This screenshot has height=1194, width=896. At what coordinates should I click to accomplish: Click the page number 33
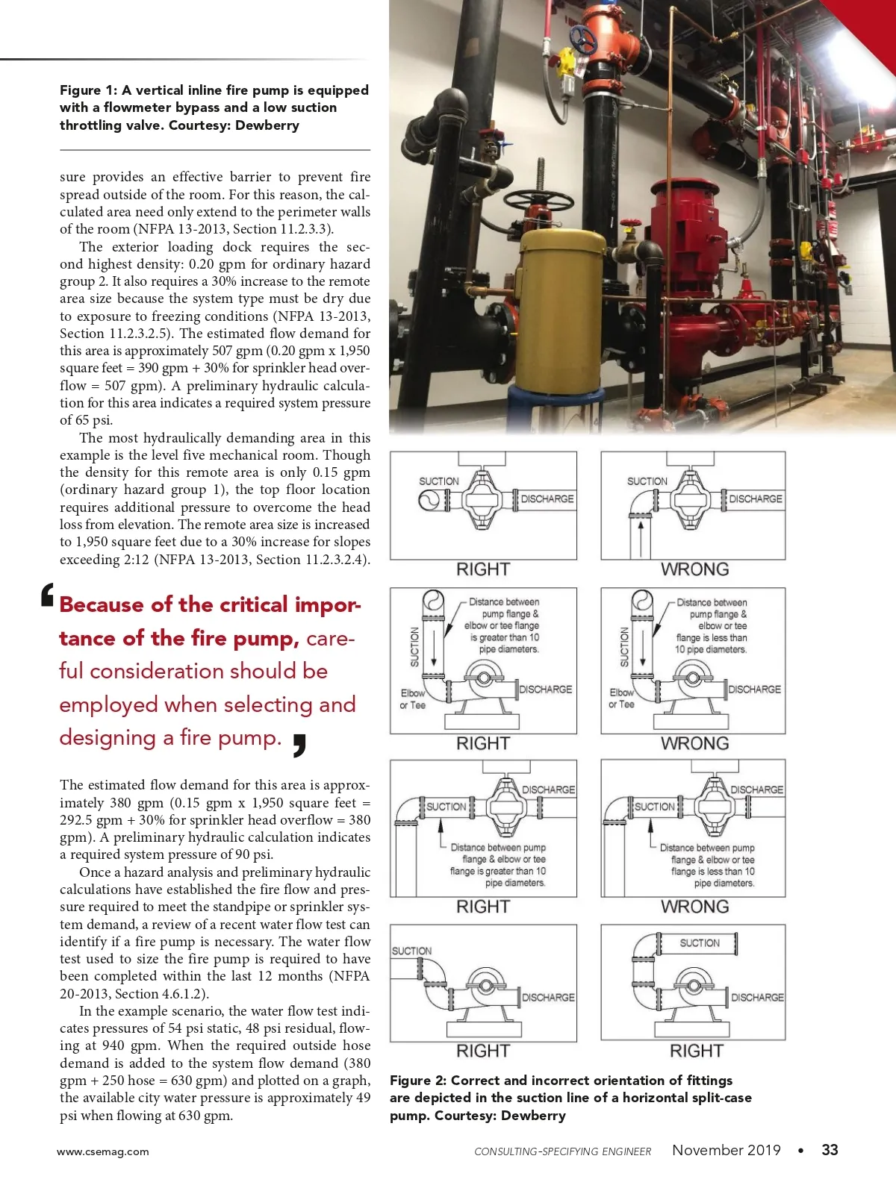click(x=830, y=1150)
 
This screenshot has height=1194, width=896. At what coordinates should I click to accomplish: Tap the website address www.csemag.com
click(x=102, y=1151)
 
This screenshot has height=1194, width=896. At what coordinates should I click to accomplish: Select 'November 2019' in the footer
click(x=726, y=1150)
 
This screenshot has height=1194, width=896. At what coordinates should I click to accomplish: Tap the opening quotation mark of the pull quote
click(x=48, y=594)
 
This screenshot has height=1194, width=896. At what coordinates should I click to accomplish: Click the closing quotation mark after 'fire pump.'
click(x=299, y=744)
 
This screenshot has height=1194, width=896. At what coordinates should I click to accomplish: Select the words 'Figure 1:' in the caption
click(x=88, y=90)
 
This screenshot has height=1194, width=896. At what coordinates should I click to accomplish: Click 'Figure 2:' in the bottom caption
click(x=418, y=1081)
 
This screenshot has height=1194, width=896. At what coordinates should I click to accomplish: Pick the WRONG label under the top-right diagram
click(x=694, y=569)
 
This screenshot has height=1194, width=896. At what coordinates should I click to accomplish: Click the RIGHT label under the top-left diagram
click(x=483, y=569)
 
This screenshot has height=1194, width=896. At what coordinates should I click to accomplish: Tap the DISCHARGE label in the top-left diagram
click(x=547, y=498)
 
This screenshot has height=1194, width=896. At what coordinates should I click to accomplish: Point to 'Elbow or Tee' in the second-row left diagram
click(x=412, y=699)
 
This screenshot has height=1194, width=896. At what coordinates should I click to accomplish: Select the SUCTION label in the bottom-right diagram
click(x=700, y=943)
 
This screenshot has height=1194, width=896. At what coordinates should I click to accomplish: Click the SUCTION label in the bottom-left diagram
click(x=411, y=951)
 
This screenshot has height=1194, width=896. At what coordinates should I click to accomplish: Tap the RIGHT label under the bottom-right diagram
click(x=696, y=1051)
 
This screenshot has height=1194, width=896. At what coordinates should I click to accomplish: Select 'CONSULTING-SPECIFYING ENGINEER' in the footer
click(x=562, y=1151)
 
